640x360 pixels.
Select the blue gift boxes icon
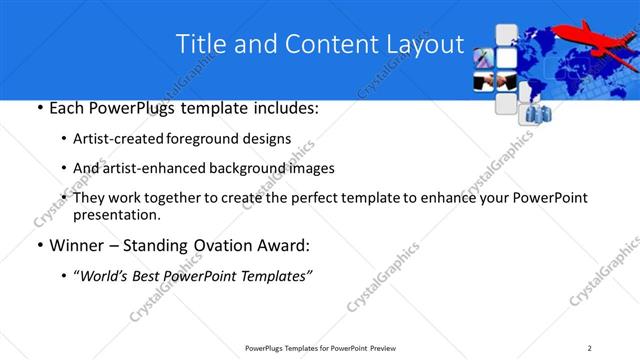tap(527, 111)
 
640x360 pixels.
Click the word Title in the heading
tap(200, 44)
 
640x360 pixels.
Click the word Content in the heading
tap(326, 44)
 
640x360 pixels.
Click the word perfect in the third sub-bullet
tap(330, 198)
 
